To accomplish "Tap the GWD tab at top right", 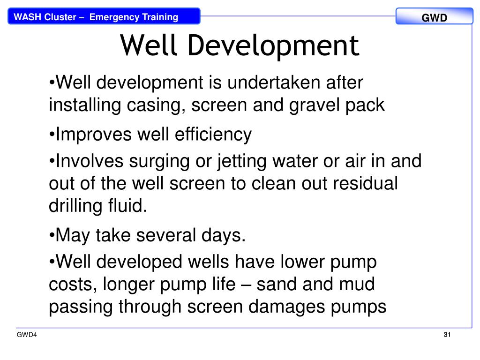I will [x=434, y=18].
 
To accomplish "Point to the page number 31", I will [x=447, y=335].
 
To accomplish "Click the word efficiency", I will [x=213, y=135].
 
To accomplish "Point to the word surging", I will [x=157, y=161].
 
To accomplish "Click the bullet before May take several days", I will [x=52, y=235].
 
